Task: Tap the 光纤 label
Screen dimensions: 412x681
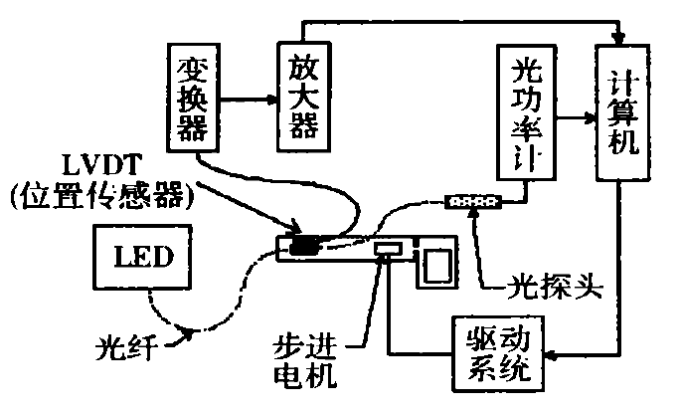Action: [121, 347]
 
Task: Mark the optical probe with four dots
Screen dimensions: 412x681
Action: [475, 203]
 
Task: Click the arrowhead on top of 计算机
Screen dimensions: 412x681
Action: [621, 39]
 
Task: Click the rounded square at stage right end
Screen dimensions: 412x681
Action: [434, 263]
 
